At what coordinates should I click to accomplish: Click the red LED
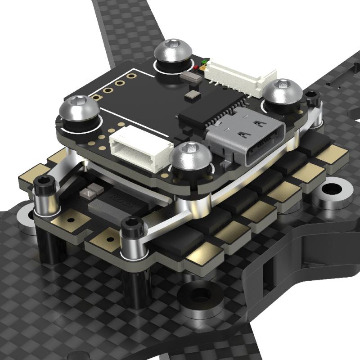pyautogui.click(x=197, y=68)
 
